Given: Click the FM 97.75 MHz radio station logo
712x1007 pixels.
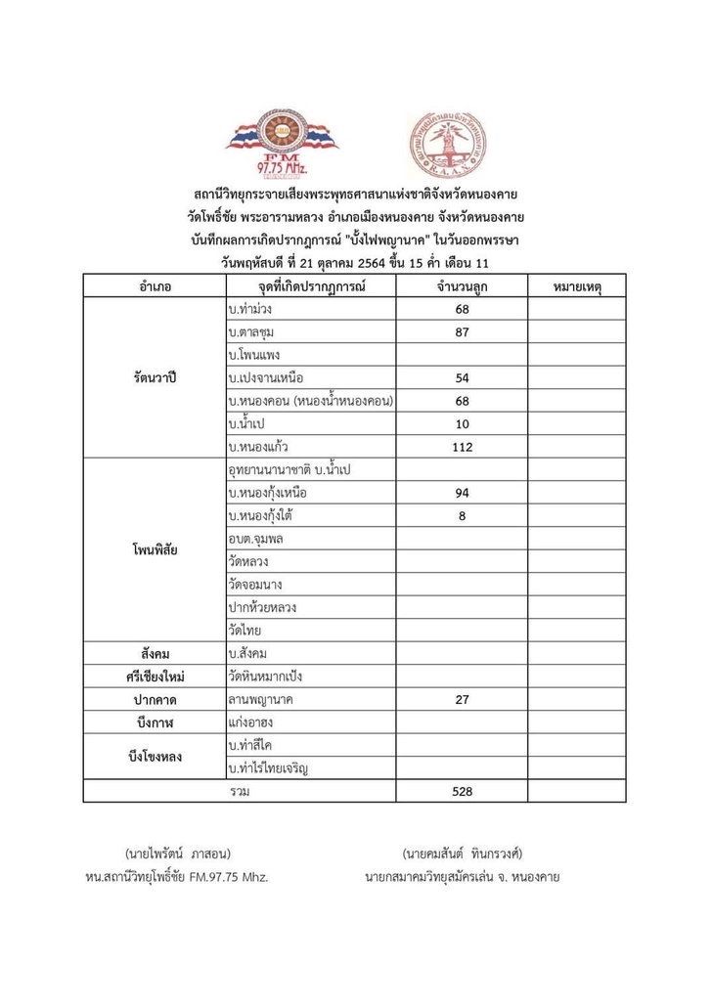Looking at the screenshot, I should pyautogui.click(x=283, y=141).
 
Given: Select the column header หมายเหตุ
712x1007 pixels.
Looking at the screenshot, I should pyautogui.click(x=576, y=286).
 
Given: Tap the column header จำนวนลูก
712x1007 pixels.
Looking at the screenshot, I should pyautogui.click(x=462, y=286).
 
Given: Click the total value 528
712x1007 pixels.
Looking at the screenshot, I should pyautogui.click(x=462, y=791).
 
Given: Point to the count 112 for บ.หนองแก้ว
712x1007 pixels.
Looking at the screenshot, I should pyautogui.click(x=462, y=447).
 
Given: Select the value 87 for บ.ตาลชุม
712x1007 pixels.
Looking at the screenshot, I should pyautogui.click(x=462, y=332).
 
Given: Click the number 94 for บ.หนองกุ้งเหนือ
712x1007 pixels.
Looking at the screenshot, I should pyautogui.click(x=462, y=493).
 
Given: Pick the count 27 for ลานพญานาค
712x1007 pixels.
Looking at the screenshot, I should pyautogui.click(x=462, y=699).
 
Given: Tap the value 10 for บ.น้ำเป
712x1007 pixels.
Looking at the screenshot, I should pyautogui.click(x=462, y=424).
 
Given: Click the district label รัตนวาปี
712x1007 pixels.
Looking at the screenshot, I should pyautogui.click(x=155, y=377).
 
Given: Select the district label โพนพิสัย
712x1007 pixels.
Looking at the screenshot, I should pyautogui.click(x=155, y=549).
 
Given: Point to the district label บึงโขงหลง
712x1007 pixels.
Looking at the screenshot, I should pyautogui.click(x=155, y=757).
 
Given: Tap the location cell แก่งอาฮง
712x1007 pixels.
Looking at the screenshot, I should pyautogui.click(x=249, y=722).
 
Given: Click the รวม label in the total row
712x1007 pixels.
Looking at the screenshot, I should pyautogui.click(x=239, y=791).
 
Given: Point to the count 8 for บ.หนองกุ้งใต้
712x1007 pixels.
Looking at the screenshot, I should pyautogui.click(x=462, y=516).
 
